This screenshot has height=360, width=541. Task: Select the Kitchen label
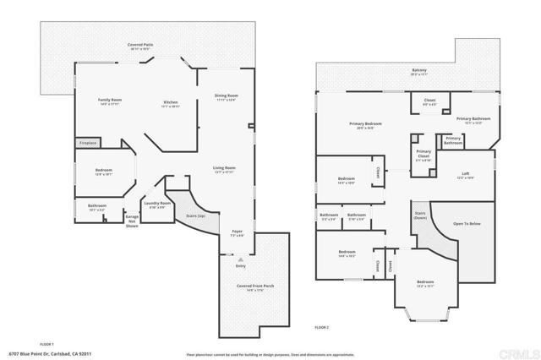170,104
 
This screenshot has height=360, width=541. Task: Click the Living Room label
223,169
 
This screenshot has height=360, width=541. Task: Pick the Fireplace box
88,144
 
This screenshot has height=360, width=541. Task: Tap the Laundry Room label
157,205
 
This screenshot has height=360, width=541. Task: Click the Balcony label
419,71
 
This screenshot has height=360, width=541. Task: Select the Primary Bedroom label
366,125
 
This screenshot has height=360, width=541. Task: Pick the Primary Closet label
424,155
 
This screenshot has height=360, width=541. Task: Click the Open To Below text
466,224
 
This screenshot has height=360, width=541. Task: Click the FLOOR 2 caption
321,327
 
